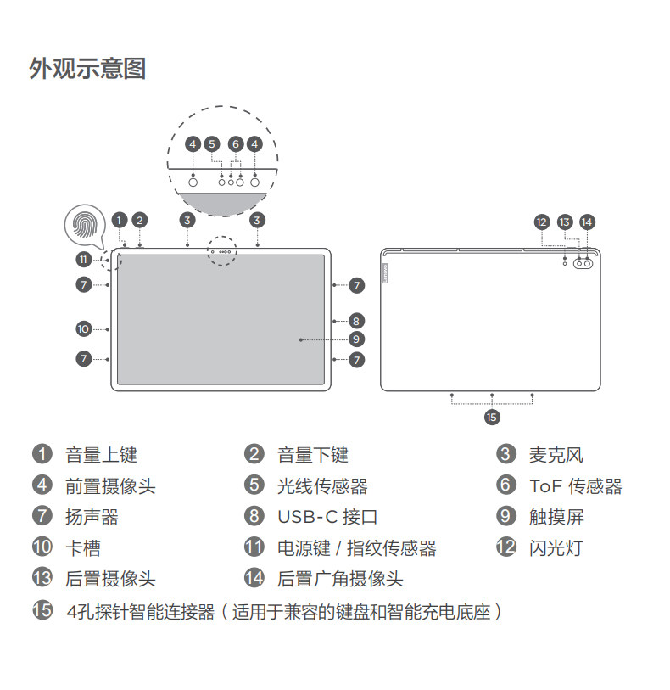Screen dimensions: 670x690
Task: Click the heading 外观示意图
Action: [87, 68]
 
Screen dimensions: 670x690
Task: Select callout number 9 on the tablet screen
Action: [357, 339]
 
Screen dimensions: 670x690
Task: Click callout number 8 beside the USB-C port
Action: [357, 321]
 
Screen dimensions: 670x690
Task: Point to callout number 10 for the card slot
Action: [83, 328]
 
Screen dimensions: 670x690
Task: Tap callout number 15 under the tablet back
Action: [492, 417]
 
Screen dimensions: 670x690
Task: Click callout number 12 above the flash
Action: [543, 222]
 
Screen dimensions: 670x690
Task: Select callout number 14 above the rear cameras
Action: [587, 222]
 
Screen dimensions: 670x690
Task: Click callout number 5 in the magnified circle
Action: [212, 144]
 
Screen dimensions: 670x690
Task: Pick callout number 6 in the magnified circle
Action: [235, 144]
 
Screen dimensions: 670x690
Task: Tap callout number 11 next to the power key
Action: [83, 259]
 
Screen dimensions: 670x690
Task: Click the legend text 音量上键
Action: [101, 455]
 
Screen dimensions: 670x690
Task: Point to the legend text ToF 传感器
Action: [575, 486]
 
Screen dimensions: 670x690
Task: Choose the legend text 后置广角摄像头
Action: [339, 579]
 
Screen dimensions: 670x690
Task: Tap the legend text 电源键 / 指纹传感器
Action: [356, 548]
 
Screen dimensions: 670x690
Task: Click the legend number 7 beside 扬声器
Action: [42, 516]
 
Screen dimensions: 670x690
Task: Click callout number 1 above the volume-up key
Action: [120, 220]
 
